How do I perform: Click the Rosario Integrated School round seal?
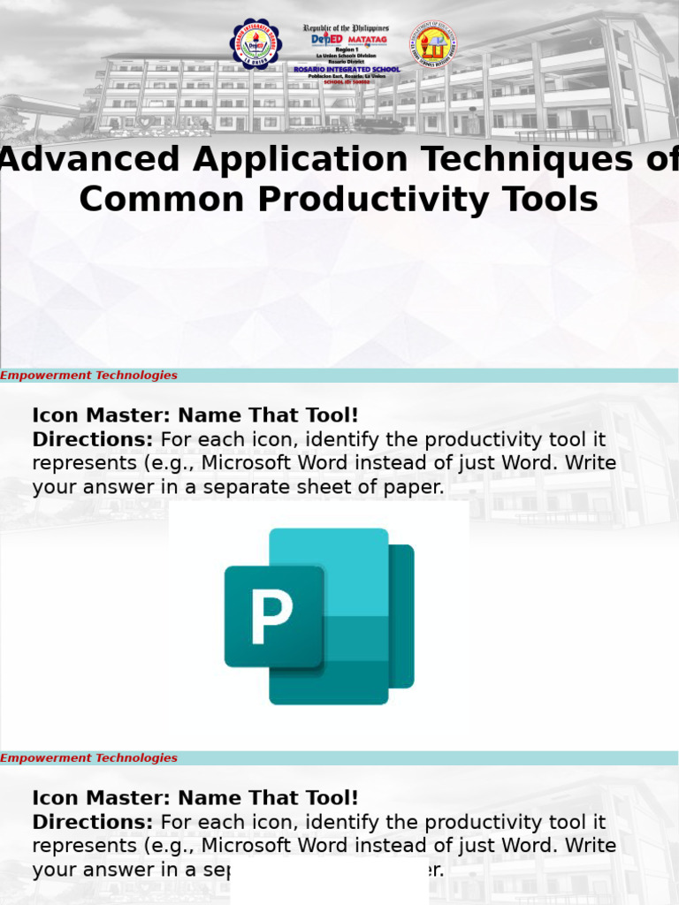pos(255,43)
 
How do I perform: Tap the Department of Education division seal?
pos(432,43)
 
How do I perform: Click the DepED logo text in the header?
pos(325,40)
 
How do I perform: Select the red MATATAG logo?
pos(367,40)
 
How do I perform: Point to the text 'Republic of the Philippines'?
pos(346,28)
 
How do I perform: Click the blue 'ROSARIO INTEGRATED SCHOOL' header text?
pos(347,69)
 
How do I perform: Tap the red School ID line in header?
pos(346,81)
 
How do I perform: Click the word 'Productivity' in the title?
pos(408,201)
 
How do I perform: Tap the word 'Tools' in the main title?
pos(554,201)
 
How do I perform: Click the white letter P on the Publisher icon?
pos(271,616)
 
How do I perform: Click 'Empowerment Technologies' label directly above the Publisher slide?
pos(89,376)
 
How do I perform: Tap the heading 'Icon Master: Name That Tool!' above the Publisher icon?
pos(195,415)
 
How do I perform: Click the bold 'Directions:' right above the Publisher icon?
pos(92,439)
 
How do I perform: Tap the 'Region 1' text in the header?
pos(346,50)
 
